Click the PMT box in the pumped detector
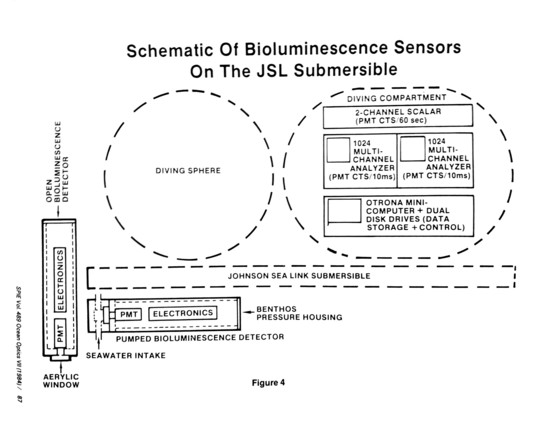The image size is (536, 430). pos(129,314)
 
